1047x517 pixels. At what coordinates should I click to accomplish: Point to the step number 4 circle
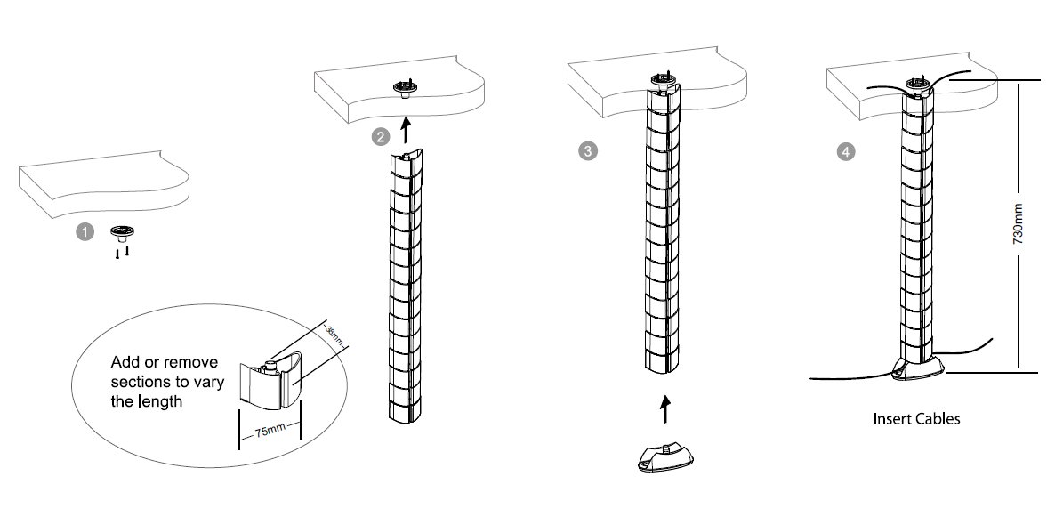pyautogui.click(x=844, y=152)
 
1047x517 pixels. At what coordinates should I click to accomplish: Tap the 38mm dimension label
pyautogui.click(x=332, y=335)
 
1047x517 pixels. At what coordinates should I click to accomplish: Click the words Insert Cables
pyautogui.click(x=916, y=418)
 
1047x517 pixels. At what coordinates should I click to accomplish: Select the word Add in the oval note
pyautogui.click(x=125, y=363)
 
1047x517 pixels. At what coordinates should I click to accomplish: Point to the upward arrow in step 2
pyautogui.click(x=405, y=132)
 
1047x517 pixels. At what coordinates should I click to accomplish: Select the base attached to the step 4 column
pyautogui.click(x=915, y=366)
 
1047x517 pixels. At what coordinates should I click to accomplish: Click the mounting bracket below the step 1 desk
pyautogui.click(x=120, y=233)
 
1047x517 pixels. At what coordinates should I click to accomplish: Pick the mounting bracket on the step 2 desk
pyautogui.click(x=406, y=89)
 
